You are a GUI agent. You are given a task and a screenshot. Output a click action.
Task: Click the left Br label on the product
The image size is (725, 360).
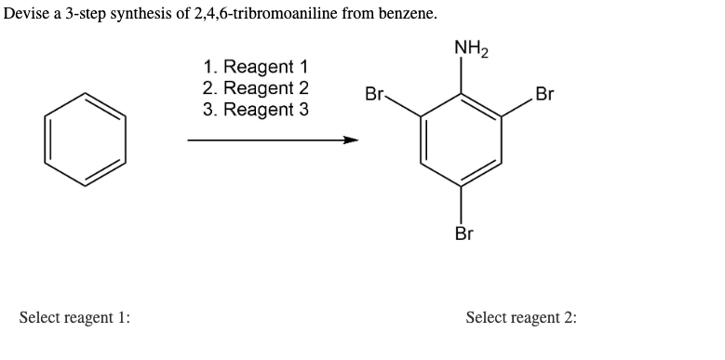pyautogui.click(x=375, y=94)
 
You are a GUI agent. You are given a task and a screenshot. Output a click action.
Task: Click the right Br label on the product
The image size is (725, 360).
pyautogui.click(x=545, y=94)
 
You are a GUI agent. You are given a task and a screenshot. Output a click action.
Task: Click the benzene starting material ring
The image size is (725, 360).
pyautogui.click(x=85, y=140)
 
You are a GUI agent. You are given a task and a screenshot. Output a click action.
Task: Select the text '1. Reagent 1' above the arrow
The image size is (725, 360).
pyautogui.click(x=255, y=68)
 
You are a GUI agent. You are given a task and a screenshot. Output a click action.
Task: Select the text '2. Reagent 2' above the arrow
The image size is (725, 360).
pyautogui.click(x=256, y=88)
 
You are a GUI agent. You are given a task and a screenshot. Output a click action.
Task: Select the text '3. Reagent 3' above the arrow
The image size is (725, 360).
pyautogui.click(x=256, y=110)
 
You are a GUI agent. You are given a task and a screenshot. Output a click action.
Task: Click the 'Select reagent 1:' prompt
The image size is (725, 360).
pyautogui.click(x=75, y=317)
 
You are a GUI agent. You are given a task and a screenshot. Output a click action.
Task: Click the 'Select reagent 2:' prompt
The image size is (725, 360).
pyautogui.click(x=520, y=317)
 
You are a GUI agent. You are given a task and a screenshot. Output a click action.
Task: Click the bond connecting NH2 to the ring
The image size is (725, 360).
pyautogui.click(x=462, y=76)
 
